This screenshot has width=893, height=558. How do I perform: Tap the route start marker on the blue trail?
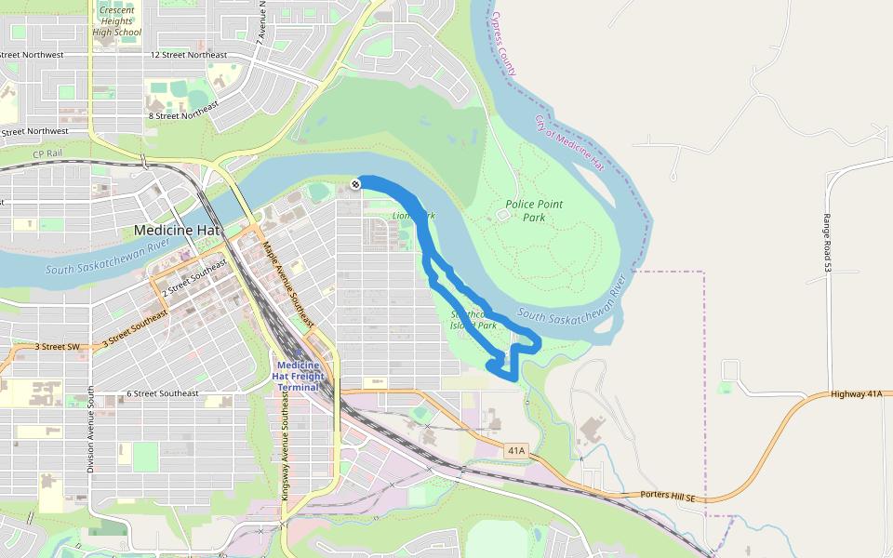coord(355,184)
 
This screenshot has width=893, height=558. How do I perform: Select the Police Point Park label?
coord(534,210)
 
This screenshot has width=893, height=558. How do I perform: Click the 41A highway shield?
coord(516,450)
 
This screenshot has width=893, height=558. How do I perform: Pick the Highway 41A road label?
coord(857,394)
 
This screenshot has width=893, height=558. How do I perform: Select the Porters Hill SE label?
coord(668,498)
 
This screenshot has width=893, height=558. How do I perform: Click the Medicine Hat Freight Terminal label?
coord(298,376)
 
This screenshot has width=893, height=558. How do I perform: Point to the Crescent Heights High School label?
coord(116,20)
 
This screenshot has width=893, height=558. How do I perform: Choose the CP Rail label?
coord(46,154)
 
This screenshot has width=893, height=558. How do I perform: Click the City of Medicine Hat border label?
coord(569,143)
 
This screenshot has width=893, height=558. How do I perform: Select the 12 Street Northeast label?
coord(188,55)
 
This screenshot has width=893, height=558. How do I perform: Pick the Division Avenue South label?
coord(90,429)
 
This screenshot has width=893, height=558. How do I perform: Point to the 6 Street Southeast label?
coord(163,393)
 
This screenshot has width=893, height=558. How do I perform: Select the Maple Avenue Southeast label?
coord(287,285)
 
